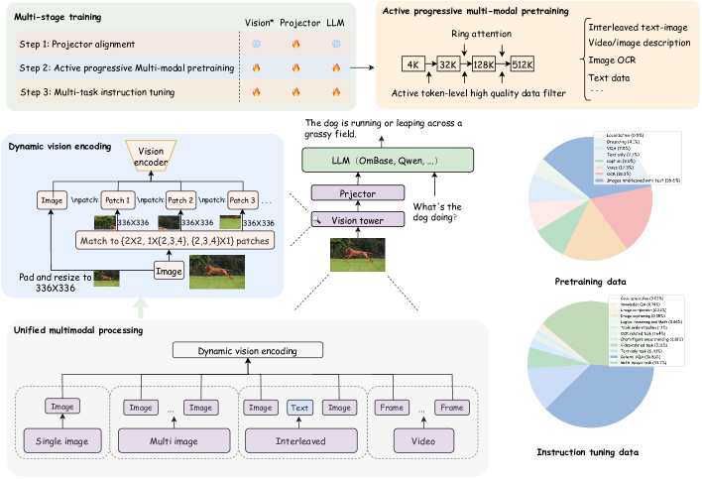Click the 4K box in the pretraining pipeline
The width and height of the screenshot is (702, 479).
411,65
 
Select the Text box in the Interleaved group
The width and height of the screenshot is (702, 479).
299,407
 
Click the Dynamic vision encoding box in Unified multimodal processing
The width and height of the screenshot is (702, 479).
246,349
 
